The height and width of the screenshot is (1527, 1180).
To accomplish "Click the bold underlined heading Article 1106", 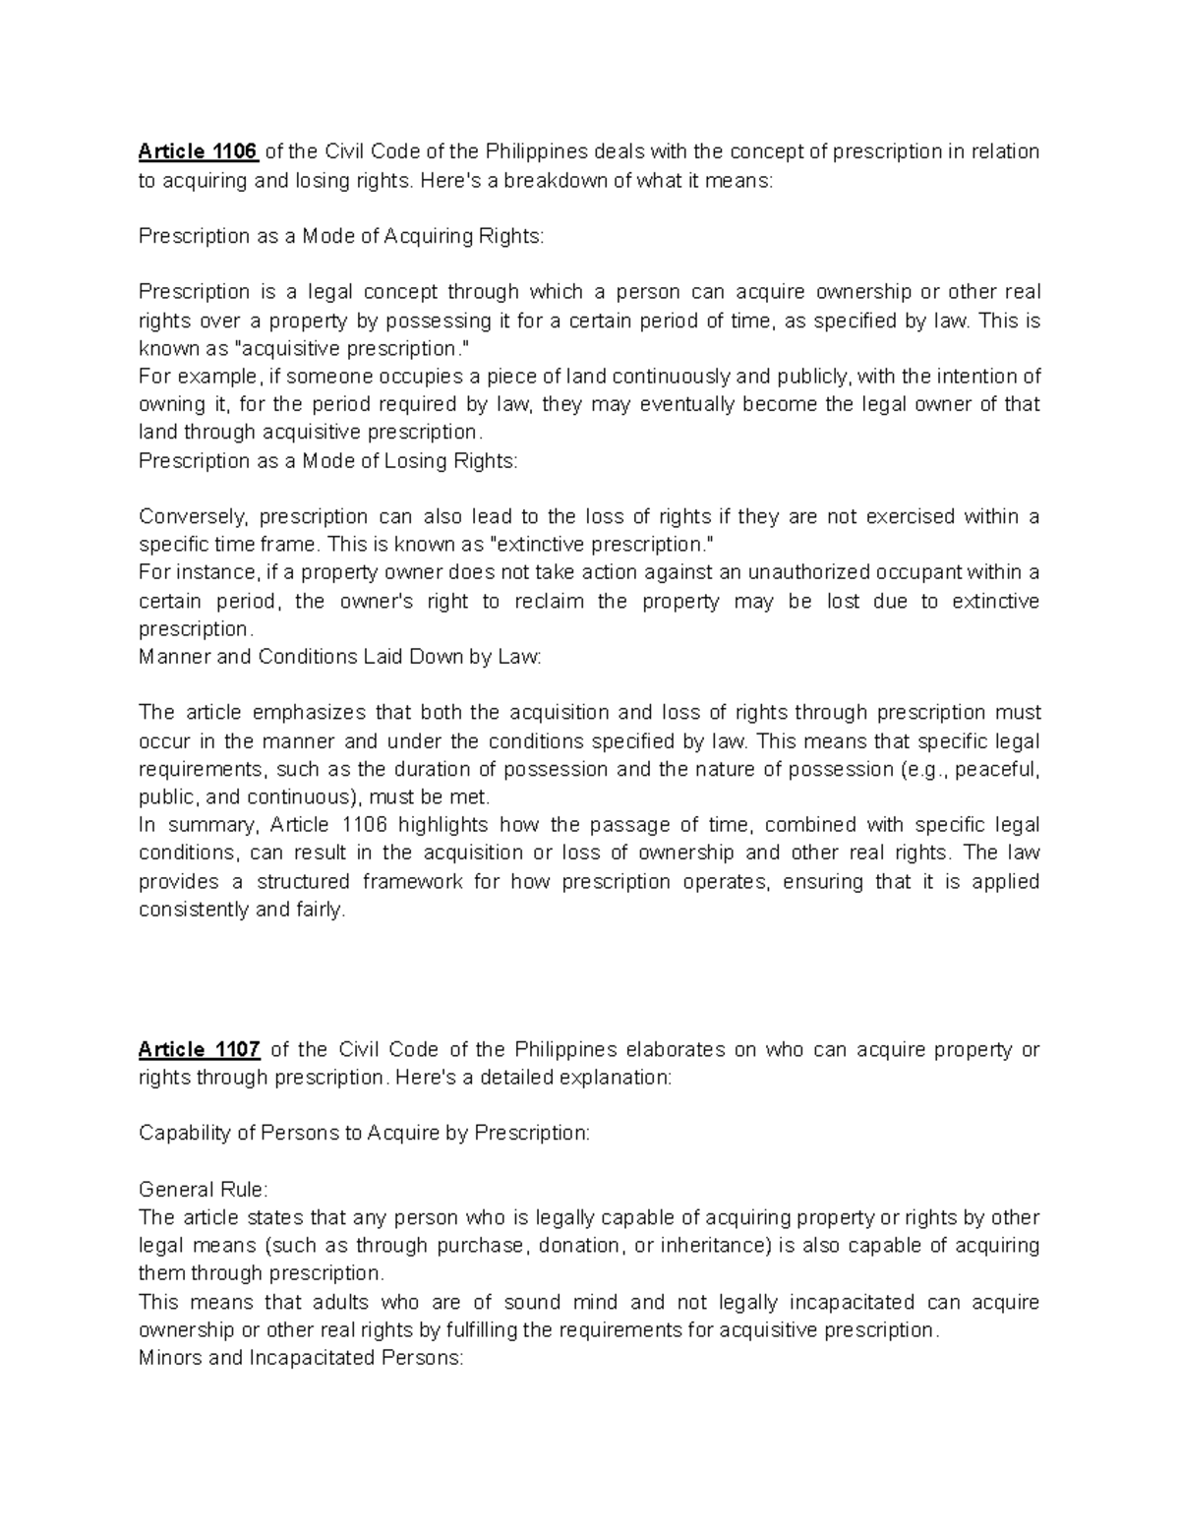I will click(x=198, y=151).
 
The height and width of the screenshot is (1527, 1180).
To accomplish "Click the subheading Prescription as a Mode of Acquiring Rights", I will click(x=340, y=236).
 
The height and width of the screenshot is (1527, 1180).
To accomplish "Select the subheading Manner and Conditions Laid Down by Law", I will click(x=339, y=656).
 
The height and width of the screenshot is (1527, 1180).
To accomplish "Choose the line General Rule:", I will click(x=203, y=1190).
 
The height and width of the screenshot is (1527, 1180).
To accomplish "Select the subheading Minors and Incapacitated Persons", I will click(x=300, y=1358).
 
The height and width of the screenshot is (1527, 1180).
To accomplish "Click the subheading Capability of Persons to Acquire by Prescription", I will click(x=364, y=1133).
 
